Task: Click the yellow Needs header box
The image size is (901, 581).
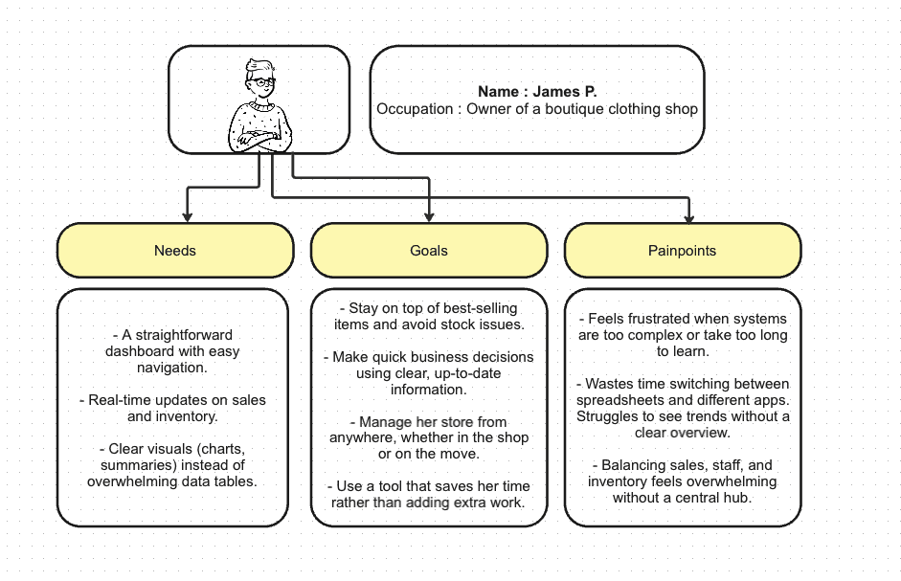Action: click(175, 251)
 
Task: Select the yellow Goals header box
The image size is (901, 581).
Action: click(429, 251)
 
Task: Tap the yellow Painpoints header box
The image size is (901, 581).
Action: click(682, 251)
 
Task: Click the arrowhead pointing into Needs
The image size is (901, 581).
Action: click(188, 216)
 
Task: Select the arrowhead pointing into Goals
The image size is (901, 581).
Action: click(429, 216)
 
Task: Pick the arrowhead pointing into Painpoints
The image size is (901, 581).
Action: click(687, 216)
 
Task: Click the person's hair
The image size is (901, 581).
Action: click(258, 67)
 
